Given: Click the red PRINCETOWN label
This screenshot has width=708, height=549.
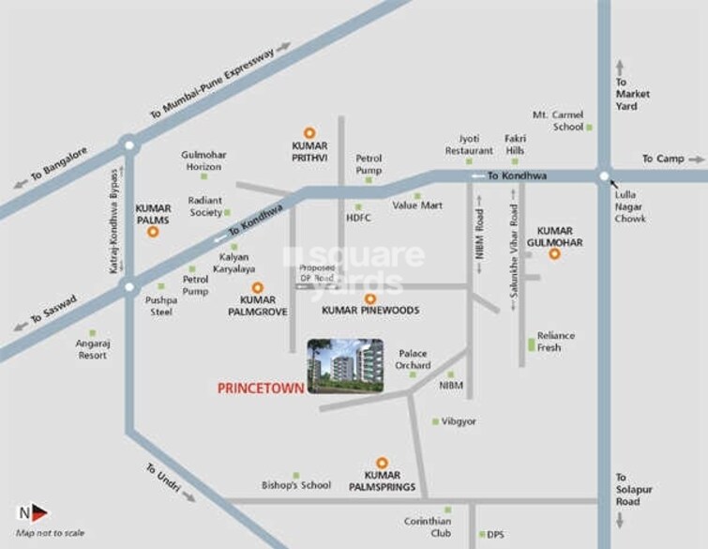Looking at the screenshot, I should coord(261,388).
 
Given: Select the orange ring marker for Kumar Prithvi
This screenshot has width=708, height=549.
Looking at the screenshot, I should coord(309,133).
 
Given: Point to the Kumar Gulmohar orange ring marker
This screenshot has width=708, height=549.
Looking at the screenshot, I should coord(554,253).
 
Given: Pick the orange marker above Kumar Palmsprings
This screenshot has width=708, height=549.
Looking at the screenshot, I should coord(382,463).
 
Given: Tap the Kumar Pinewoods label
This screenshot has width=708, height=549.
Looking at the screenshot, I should coord(370,310).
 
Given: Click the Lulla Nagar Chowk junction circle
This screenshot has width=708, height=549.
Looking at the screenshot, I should coord(604,175).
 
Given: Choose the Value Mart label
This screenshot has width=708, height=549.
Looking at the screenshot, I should coord(416,205).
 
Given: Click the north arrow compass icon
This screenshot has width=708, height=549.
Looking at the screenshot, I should coord(34,512).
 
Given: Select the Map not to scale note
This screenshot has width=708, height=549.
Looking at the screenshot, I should coord(50,533).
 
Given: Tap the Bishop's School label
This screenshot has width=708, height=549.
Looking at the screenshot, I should coord(296,485).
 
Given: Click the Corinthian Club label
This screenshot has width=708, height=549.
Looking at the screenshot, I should coord(428,526).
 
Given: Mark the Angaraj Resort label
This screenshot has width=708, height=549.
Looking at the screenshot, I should coord(92,349).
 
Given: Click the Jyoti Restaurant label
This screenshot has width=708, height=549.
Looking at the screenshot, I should coord(469,145).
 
